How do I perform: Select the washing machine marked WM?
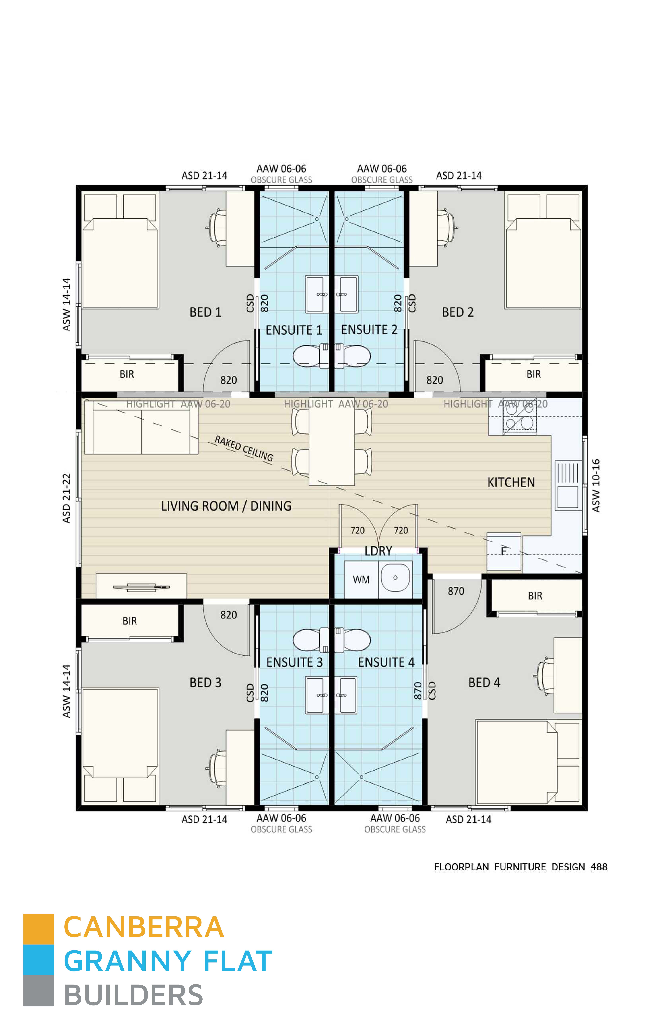click(361, 580)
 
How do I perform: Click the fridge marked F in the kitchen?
click(504, 551)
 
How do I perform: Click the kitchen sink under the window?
click(568, 485)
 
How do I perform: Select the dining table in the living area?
click(332, 446)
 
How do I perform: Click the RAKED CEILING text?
click(243, 448)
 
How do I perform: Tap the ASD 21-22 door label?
click(66, 498)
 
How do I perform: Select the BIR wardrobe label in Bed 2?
click(534, 375)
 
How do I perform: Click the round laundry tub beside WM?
click(395, 578)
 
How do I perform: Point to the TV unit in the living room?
click(141, 586)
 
